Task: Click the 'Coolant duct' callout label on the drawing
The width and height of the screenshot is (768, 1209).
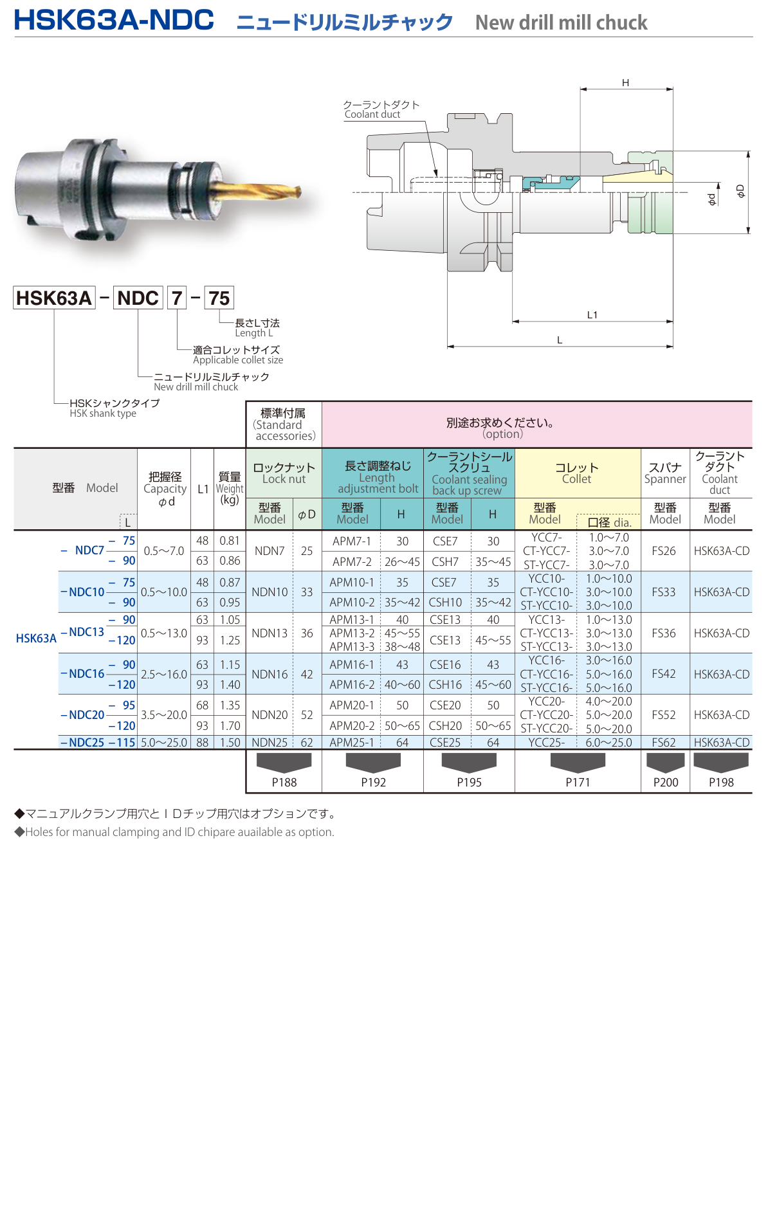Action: point(372,114)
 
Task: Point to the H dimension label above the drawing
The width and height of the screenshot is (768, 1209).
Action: point(625,83)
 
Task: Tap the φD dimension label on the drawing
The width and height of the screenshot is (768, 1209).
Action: point(740,191)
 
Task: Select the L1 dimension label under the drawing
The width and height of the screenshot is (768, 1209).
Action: point(592,314)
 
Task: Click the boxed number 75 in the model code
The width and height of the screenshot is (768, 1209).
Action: point(219,298)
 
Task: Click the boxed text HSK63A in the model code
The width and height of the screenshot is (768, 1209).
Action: point(54,298)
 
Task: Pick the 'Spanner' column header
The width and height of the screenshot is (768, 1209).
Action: point(665,473)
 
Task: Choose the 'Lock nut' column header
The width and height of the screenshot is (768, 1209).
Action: point(284,473)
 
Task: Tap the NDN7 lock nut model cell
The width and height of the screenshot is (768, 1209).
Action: point(270,551)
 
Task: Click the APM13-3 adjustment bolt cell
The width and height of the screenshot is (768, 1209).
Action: point(352,647)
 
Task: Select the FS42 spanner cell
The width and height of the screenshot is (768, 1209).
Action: point(664,674)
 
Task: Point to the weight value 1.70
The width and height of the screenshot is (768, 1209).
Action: point(230,726)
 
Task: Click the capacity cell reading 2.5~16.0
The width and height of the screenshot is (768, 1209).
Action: point(164,675)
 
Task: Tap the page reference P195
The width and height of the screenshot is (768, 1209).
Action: point(469,783)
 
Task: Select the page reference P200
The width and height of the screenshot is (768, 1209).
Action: point(666,783)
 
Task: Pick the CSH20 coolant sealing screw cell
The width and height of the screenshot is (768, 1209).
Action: point(446,726)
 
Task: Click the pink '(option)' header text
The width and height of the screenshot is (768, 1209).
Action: point(503,434)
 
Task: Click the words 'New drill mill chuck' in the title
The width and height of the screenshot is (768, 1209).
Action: point(561,23)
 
